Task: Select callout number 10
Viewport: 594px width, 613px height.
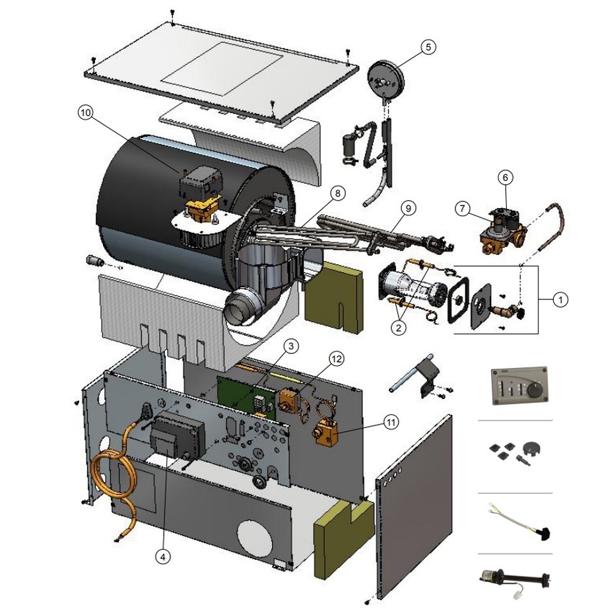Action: click(86, 113)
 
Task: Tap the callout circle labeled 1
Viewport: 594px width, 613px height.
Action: click(560, 300)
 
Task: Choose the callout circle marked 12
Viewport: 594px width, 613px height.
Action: click(337, 359)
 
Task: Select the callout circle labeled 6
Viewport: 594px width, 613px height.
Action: click(506, 177)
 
